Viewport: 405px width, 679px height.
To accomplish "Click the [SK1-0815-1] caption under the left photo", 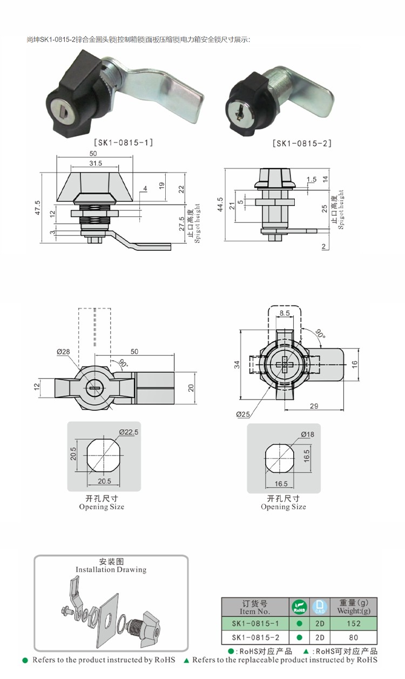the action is point(124,143).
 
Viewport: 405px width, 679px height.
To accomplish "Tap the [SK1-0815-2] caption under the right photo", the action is point(302,143).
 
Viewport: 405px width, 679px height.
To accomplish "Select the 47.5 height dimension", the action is point(38,208).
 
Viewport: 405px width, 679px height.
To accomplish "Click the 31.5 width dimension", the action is point(96,163).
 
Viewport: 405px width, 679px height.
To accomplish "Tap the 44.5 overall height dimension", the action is point(220,204).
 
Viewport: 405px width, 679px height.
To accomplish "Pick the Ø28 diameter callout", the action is point(63,351).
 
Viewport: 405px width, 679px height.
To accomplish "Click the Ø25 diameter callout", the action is point(243,414).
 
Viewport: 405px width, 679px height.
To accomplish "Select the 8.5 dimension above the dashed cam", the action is point(285,313).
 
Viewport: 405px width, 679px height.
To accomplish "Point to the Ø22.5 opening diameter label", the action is point(129,432).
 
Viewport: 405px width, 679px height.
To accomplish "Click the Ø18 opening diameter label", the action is point(308,435).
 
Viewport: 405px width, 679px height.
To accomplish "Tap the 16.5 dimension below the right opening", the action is point(281,484).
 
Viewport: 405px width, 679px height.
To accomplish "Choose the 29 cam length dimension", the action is point(314,406).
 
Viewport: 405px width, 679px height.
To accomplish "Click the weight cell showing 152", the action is point(354,623).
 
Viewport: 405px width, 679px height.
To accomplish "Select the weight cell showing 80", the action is point(354,637).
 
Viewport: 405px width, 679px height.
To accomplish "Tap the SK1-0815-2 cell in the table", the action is point(255,637).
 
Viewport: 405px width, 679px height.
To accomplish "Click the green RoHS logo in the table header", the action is point(299,607).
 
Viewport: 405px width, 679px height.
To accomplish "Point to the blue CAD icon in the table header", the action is point(320,607).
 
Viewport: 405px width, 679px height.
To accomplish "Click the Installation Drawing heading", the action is point(111,570).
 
